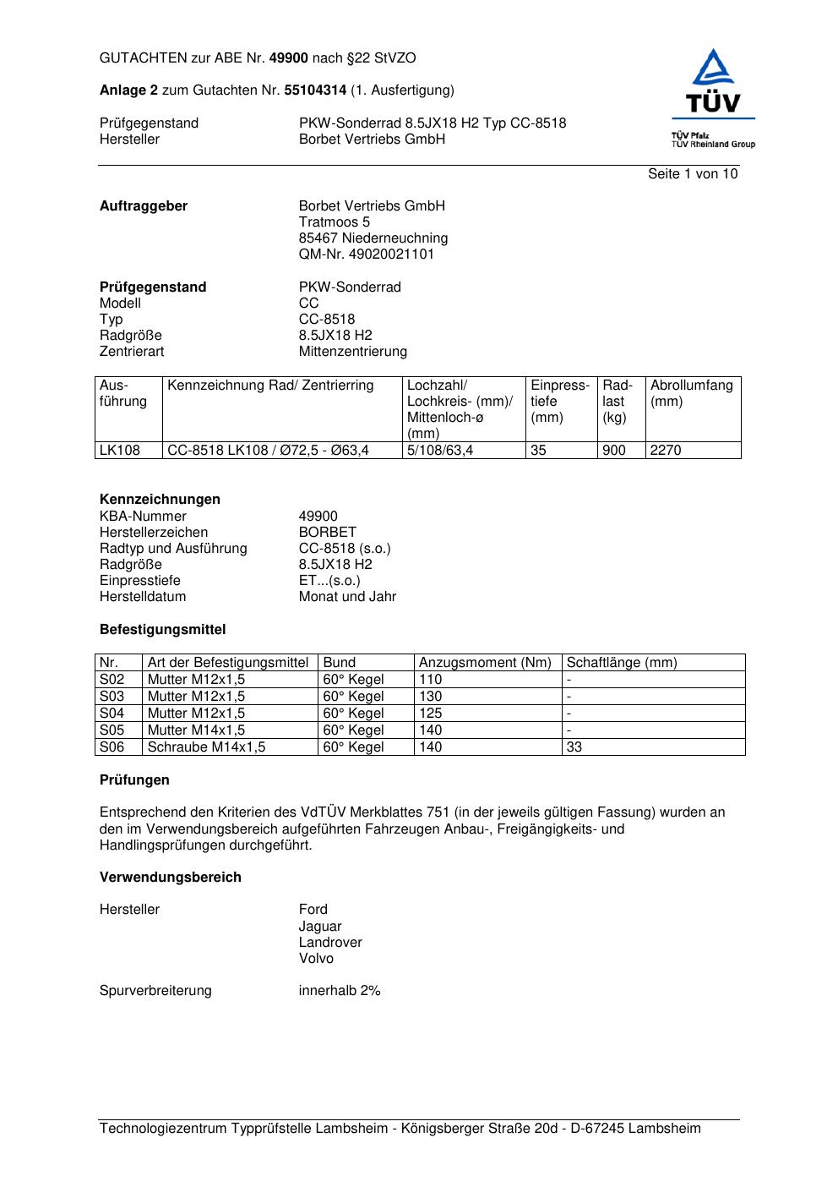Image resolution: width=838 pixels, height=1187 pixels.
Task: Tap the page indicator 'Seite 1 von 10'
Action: coord(693,174)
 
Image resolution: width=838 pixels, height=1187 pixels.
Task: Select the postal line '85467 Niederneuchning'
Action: coord(373,238)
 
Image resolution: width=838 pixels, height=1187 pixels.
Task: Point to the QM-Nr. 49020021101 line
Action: coord(367,254)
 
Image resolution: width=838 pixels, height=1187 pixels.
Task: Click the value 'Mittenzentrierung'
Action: coord(353,352)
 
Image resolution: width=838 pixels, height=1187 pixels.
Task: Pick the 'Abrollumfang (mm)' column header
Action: coord(691,393)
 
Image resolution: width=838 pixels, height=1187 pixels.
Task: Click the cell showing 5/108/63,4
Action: coord(440,451)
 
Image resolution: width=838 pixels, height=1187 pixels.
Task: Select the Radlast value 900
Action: coord(614,451)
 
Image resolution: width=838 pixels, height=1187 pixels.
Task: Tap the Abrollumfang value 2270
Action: coord(666,451)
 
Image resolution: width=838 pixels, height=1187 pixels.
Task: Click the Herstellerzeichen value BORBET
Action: coord(328,533)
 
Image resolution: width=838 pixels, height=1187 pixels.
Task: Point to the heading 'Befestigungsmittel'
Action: coord(163,630)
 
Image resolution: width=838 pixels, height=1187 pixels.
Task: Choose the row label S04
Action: coord(112,714)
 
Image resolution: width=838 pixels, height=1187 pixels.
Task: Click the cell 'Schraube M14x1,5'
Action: coord(207,747)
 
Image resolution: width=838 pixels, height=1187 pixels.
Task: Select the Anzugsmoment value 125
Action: coord(431,714)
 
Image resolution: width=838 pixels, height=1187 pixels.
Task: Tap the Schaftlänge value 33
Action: coord(574,747)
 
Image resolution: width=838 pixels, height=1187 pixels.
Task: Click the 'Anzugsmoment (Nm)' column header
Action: coord(486,663)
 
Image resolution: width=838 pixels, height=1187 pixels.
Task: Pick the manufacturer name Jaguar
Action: coord(320,927)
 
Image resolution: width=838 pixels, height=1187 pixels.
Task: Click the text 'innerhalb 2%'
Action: coord(340,991)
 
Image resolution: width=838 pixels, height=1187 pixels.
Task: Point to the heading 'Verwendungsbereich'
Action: coord(171,878)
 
